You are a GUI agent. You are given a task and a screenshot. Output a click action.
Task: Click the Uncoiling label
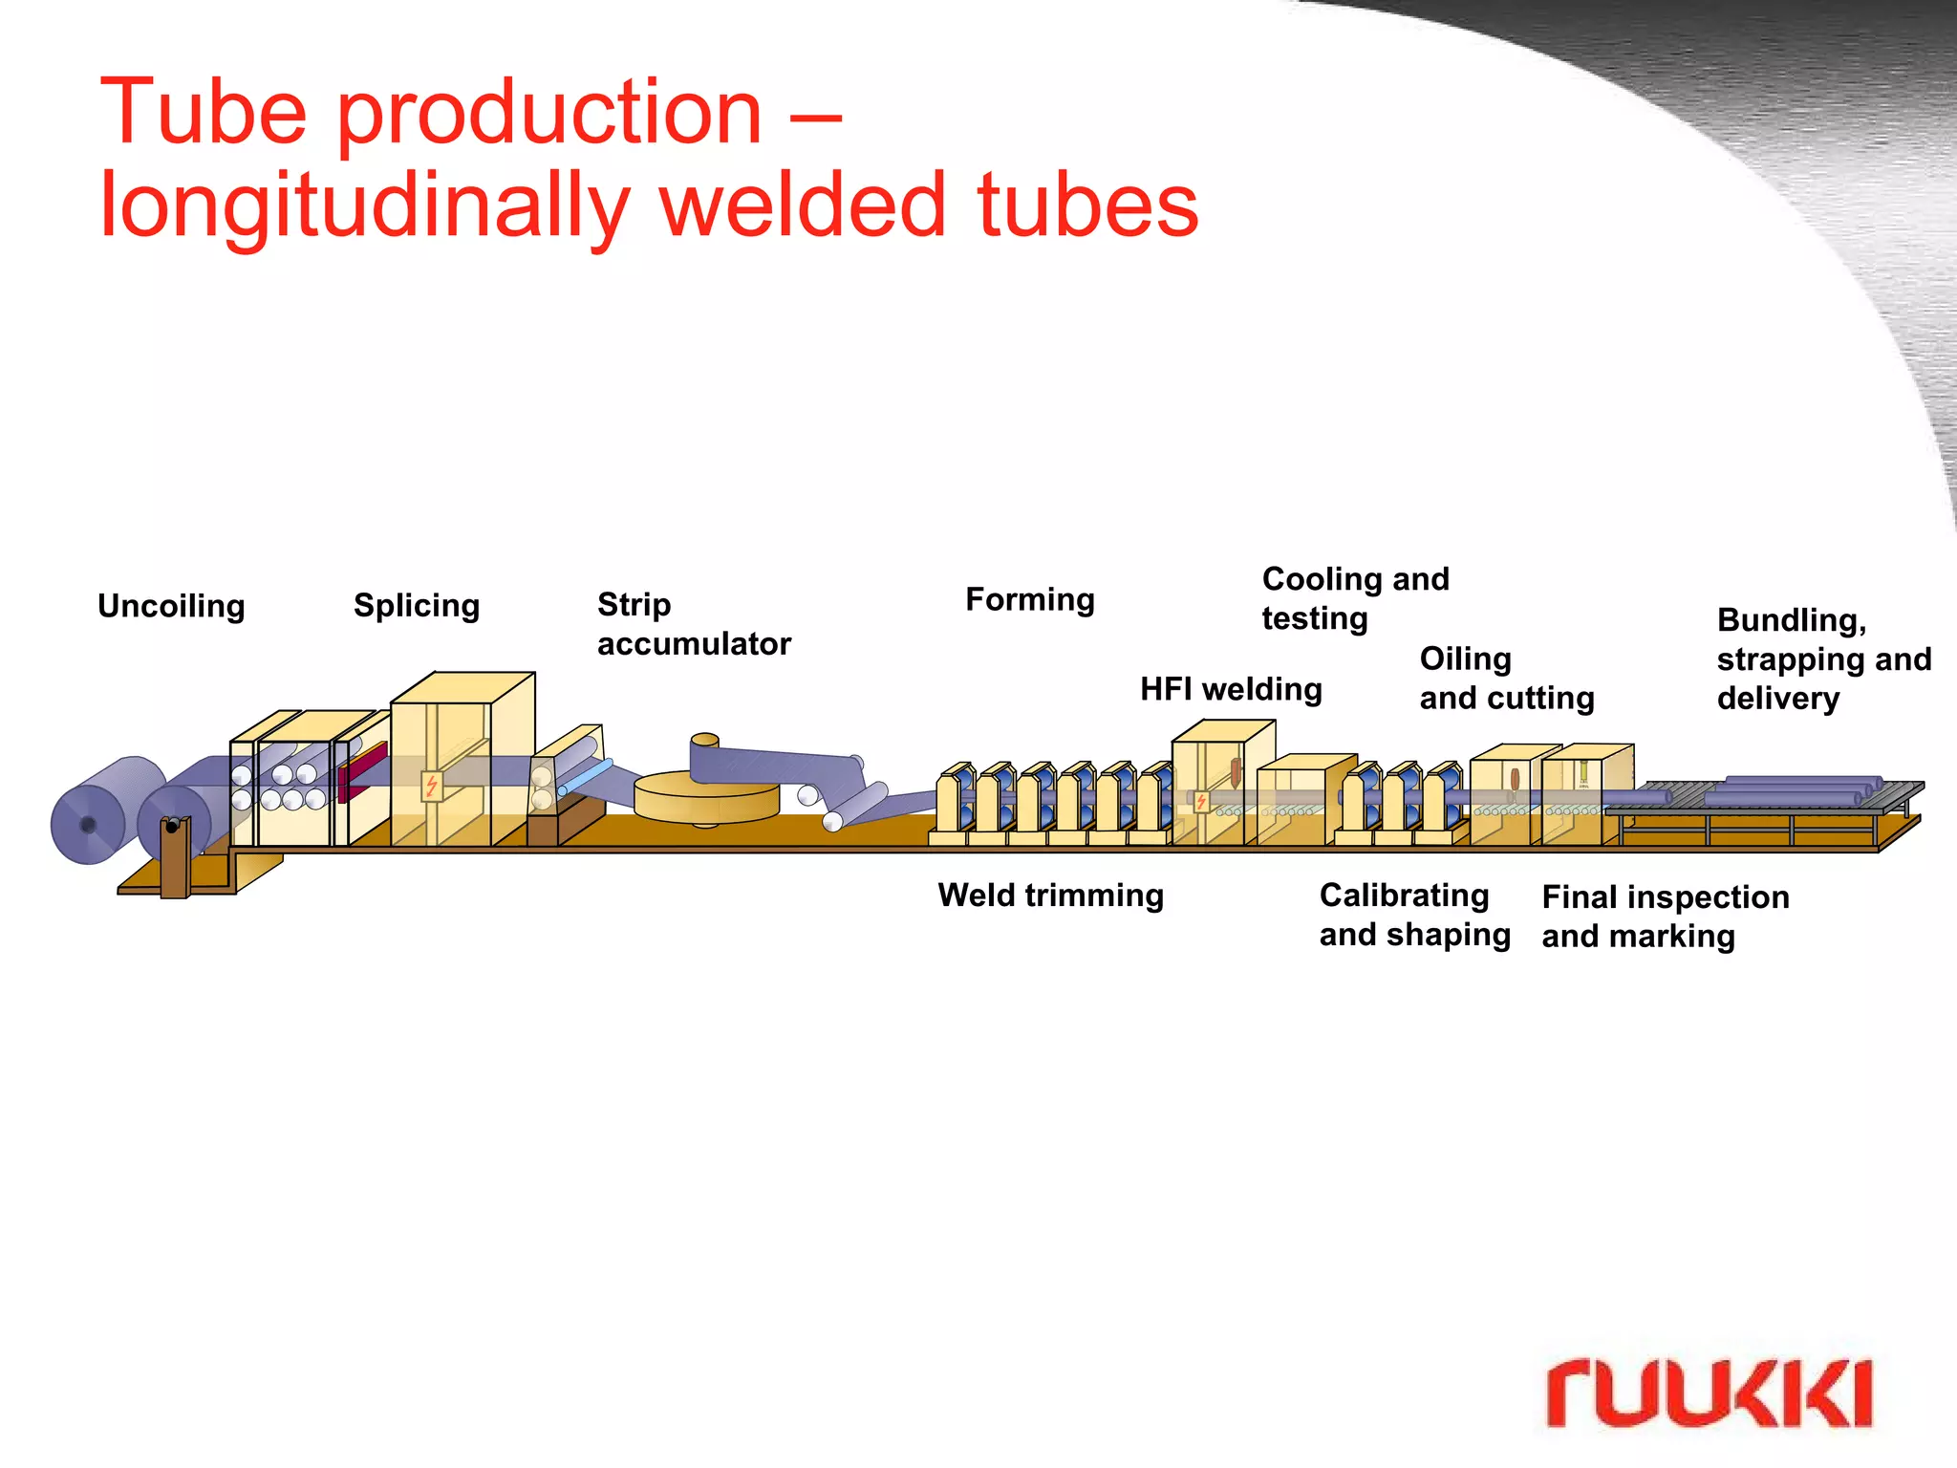[171, 606]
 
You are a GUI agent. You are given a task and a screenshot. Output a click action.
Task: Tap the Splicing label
[417, 606]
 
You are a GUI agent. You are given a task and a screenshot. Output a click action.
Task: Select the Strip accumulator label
[694, 624]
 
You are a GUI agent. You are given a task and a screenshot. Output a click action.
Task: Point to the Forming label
[1029, 599]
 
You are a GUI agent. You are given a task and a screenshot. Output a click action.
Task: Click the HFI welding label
[1231, 689]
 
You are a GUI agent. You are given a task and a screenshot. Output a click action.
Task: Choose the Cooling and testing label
[1355, 598]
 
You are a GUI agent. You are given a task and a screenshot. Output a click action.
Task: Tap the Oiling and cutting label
[1506, 679]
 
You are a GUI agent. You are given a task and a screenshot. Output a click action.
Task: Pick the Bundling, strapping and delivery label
[1823, 659]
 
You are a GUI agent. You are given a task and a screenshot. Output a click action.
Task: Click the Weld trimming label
[1050, 896]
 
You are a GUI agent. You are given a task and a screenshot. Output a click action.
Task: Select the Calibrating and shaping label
[1414, 915]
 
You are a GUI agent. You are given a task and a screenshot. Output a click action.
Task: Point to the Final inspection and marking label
[1665, 917]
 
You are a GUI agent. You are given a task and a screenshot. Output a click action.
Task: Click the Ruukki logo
[1709, 1393]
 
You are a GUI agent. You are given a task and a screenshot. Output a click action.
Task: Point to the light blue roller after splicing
[586, 775]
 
